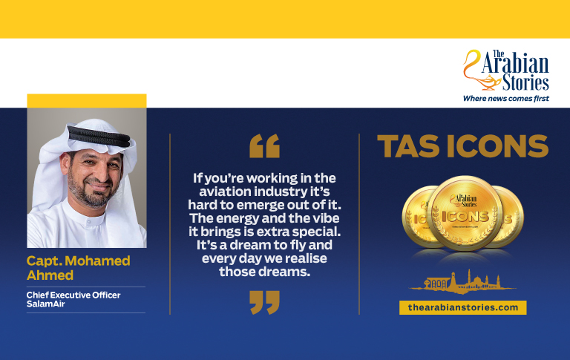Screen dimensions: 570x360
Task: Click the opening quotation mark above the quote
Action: (265, 145)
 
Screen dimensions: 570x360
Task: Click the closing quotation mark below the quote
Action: (265, 302)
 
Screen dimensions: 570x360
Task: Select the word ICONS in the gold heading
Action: (497, 146)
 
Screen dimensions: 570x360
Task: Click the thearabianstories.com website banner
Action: (463, 307)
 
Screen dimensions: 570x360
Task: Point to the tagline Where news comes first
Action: (505, 98)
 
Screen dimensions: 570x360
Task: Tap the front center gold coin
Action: (465, 213)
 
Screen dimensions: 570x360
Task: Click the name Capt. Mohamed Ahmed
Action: (78, 268)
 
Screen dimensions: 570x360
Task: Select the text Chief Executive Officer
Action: (73, 295)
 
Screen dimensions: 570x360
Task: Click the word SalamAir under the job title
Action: (45, 304)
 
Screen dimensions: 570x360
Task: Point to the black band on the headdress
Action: (99, 136)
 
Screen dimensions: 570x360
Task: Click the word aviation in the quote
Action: (225, 192)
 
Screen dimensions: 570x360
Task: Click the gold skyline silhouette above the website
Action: (462, 282)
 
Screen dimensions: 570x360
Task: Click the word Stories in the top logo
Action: (525, 82)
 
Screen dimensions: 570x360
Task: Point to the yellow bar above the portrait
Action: (87, 101)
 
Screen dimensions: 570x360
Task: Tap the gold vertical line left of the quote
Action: (170, 224)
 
